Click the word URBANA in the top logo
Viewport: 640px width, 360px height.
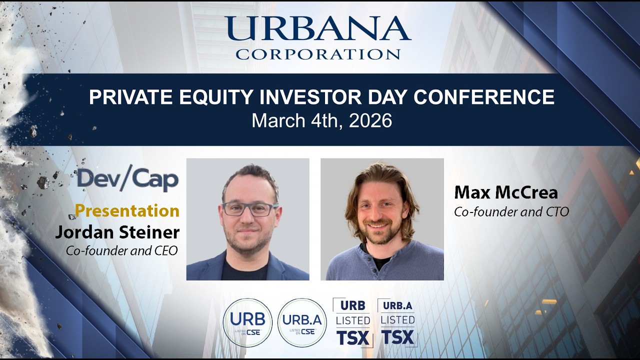point(317,29)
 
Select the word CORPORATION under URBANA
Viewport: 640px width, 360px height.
point(318,54)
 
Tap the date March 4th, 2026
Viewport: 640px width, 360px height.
point(321,120)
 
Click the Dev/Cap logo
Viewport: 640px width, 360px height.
point(128,179)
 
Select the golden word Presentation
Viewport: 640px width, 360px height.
point(127,210)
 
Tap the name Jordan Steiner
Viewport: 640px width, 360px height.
point(117,232)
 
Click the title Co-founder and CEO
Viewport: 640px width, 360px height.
point(121,250)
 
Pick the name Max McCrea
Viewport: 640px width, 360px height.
point(505,192)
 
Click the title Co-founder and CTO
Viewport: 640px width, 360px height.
point(511,211)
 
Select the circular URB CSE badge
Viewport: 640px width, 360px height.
point(247,322)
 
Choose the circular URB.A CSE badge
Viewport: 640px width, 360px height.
point(302,322)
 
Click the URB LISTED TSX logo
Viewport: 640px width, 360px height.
point(352,322)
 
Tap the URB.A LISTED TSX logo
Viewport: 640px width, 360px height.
point(397,322)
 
